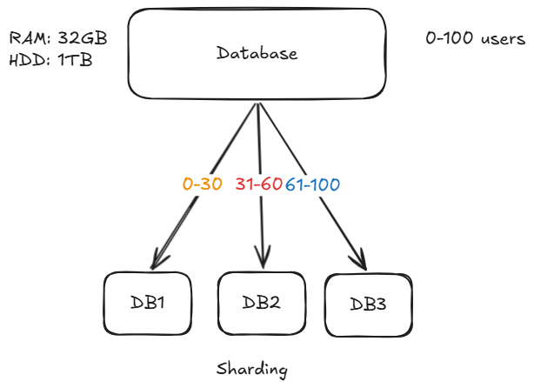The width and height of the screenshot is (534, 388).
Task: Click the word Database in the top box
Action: (257, 54)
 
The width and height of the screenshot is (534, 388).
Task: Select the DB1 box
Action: (147, 303)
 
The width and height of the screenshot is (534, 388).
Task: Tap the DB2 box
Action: (262, 303)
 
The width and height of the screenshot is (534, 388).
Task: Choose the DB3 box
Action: (368, 304)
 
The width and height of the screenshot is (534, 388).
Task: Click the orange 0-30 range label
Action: (203, 185)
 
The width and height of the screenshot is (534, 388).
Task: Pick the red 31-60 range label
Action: (258, 185)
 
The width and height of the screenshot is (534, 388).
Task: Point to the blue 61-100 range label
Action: (312, 185)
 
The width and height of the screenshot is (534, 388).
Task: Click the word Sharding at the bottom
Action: (251, 369)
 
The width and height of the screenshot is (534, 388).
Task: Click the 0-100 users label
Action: (475, 39)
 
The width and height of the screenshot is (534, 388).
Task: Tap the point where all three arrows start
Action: (257, 104)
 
